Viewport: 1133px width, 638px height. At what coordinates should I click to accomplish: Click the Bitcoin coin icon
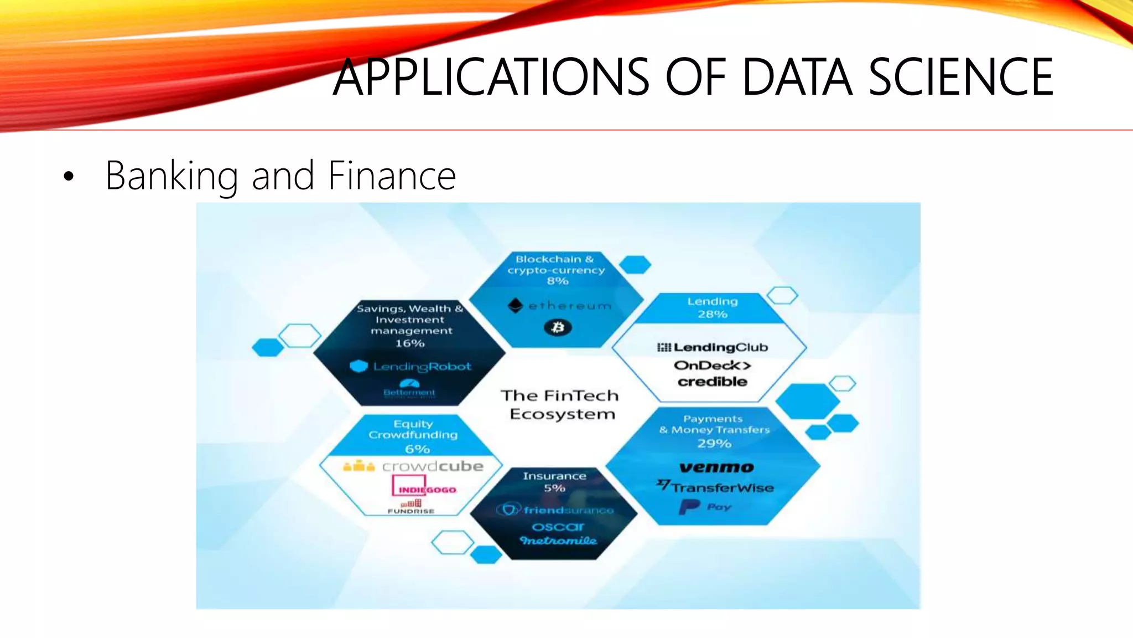[x=558, y=328]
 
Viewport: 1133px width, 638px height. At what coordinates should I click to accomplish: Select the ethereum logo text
[x=570, y=306]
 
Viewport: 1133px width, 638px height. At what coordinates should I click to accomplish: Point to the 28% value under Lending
[x=712, y=315]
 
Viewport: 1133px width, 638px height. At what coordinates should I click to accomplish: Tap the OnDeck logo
[x=712, y=365]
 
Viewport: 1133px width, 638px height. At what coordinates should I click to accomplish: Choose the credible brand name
[x=712, y=382]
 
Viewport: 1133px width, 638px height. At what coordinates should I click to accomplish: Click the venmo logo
[x=716, y=467]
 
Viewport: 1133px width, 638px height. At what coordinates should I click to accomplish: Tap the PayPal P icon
[x=689, y=507]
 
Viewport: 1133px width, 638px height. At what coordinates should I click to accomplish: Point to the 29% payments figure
[x=714, y=444]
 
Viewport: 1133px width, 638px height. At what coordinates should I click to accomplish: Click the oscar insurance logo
[x=558, y=527]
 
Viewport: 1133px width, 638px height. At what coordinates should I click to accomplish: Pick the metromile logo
[x=558, y=541]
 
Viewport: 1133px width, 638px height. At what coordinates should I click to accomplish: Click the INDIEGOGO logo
[x=427, y=490]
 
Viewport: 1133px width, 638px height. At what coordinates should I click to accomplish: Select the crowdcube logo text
[x=433, y=466]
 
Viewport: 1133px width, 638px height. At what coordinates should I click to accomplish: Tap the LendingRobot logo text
[x=422, y=367]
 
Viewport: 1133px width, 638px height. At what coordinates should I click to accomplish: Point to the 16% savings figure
[x=410, y=343]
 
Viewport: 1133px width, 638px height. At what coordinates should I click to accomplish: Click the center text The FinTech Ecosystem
[x=560, y=405]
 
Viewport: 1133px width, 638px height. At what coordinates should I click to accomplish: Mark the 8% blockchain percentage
[x=558, y=281]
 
